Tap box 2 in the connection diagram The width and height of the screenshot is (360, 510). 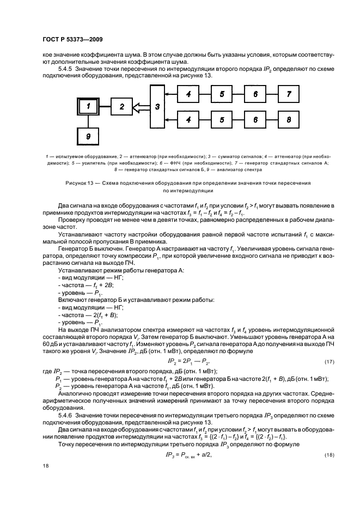click(x=121, y=107)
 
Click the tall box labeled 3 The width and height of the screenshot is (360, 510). click(x=157, y=106)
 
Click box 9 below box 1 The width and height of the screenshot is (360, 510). click(x=88, y=138)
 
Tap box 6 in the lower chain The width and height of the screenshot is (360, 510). click(x=255, y=118)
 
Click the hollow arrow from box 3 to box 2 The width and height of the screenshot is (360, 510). click(x=141, y=107)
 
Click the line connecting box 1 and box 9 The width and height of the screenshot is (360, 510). click(x=88, y=123)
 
